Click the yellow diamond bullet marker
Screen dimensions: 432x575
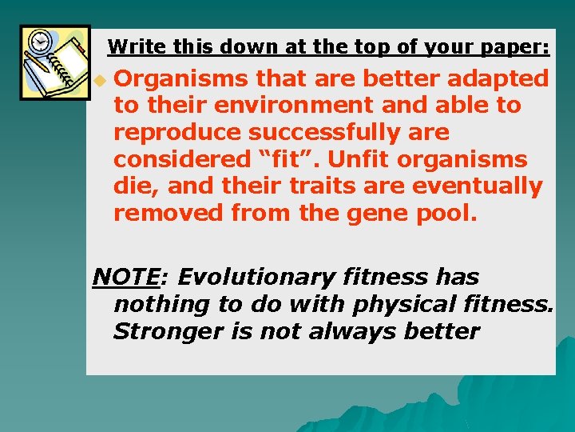98,81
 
